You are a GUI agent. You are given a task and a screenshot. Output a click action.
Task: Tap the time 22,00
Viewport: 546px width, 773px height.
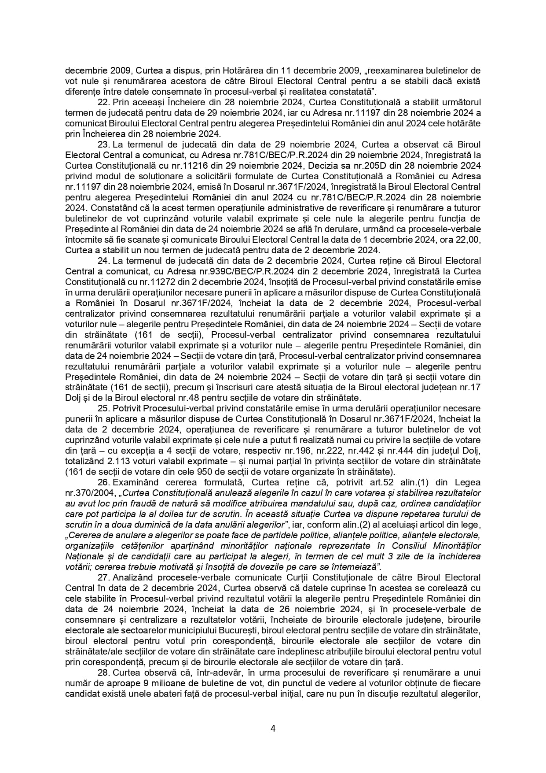coord(469,240)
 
